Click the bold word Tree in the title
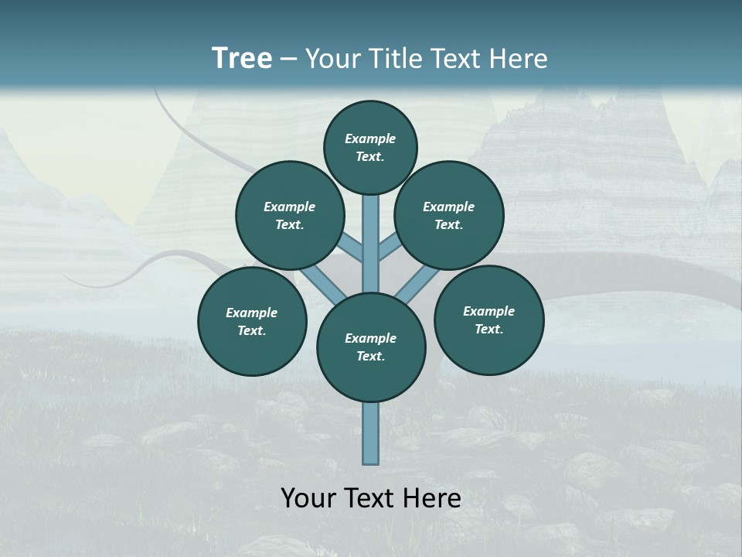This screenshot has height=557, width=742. click(242, 59)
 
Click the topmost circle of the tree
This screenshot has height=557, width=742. click(370, 147)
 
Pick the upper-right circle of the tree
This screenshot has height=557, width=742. click(449, 215)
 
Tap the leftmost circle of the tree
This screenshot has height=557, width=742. click(252, 321)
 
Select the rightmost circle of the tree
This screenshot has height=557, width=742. click(488, 320)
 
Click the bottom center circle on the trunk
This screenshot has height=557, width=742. click(371, 347)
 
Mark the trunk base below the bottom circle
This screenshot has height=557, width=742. click(371, 433)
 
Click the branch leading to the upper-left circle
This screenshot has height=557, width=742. click(350, 248)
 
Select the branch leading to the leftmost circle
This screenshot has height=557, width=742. click(323, 282)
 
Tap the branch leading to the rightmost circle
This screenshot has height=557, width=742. click(418, 283)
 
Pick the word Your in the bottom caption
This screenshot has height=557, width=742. click(308, 498)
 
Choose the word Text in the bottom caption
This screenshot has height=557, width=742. click(369, 498)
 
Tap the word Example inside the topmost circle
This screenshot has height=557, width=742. click(370, 138)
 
